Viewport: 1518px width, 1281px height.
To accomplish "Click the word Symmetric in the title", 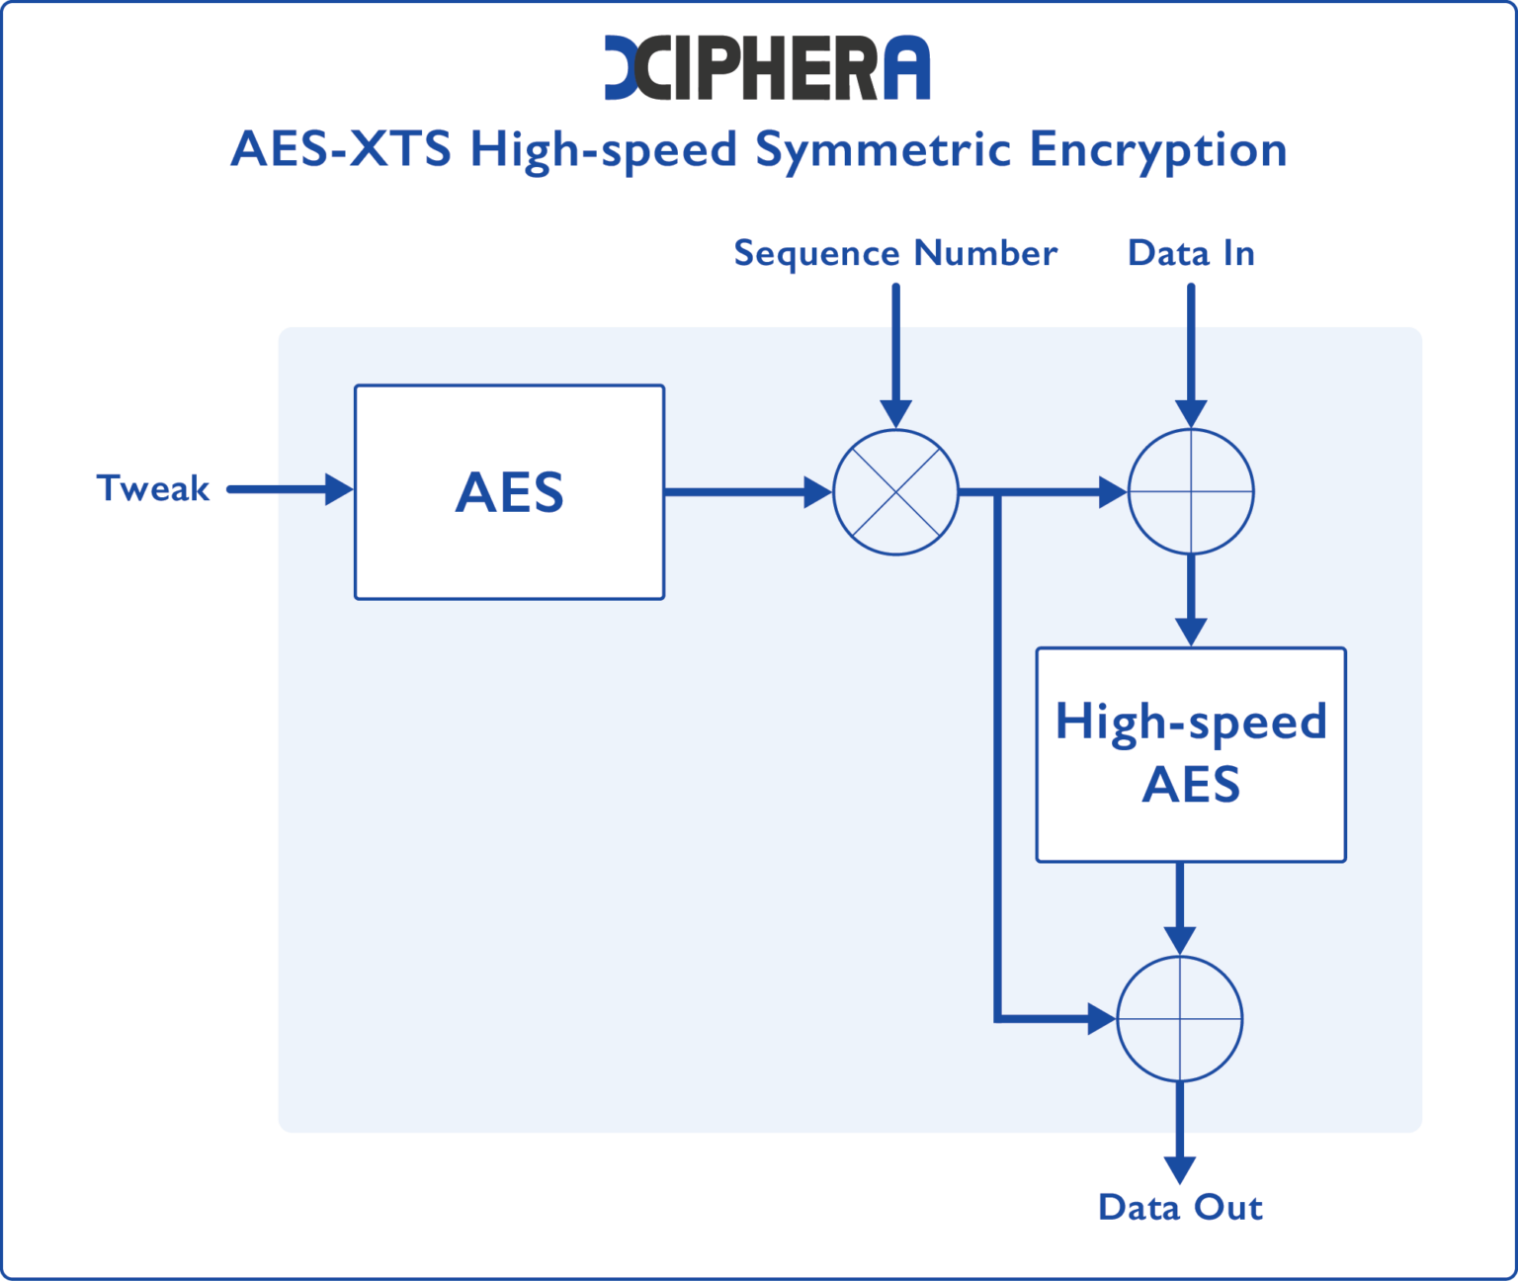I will click(x=884, y=150).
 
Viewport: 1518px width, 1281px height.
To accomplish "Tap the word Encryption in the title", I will click(x=1157, y=150).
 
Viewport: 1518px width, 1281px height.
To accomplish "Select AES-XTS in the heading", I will click(x=340, y=150).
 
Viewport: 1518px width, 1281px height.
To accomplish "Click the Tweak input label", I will click(x=153, y=488).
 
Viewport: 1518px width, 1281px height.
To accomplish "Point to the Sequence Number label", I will click(x=894, y=253).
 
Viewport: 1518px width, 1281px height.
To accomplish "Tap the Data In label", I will click(x=1191, y=253).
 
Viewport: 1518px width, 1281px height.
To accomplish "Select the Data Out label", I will click(x=1180, y=1207).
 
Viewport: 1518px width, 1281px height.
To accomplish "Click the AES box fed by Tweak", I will click(x=509, y=491).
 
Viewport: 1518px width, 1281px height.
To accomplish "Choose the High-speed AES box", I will click(x=1191, y=754).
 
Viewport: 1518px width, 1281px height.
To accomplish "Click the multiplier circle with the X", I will click(x=895, y=491).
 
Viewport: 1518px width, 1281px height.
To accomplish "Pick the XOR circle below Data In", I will click(x=1191, y=491).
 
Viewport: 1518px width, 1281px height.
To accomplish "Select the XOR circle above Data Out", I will click(x=1179, y=1018).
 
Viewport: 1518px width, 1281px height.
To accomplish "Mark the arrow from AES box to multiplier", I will click(x=746, y=491).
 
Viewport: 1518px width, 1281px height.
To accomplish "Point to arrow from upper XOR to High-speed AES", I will click(x=1191, y=599).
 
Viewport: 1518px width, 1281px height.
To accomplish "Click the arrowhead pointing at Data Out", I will click(x=1179, y=1168).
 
